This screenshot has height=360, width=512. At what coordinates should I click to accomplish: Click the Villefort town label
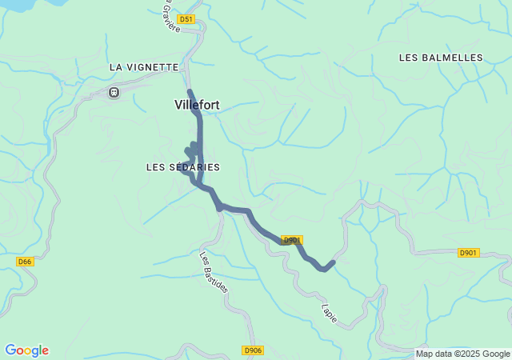[197, 105]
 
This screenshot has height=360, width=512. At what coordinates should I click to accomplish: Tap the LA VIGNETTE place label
[144, 68]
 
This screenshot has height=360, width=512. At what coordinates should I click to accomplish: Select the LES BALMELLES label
[441, 58]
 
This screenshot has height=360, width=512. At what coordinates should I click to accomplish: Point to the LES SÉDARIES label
[183, 167]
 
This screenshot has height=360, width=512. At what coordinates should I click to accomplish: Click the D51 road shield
[186, 18]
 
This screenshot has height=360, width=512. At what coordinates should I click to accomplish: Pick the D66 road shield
[25, 262]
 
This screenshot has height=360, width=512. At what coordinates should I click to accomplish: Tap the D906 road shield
[252, 350]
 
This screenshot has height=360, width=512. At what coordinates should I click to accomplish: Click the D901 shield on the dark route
[292, 240]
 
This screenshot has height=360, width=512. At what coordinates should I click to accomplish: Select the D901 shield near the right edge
[468, 253]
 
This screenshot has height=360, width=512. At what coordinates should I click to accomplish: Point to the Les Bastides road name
[214, 272]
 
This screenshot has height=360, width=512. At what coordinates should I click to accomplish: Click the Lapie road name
[330, 313]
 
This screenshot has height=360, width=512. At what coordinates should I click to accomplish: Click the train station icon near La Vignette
[114, 93]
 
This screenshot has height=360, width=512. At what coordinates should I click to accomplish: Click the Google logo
[26, 350]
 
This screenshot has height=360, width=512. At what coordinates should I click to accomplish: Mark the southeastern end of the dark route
[333, 262]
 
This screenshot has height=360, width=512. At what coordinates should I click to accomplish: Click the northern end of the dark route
[189, 91]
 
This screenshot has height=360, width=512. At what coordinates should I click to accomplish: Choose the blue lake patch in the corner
[16, 5]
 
